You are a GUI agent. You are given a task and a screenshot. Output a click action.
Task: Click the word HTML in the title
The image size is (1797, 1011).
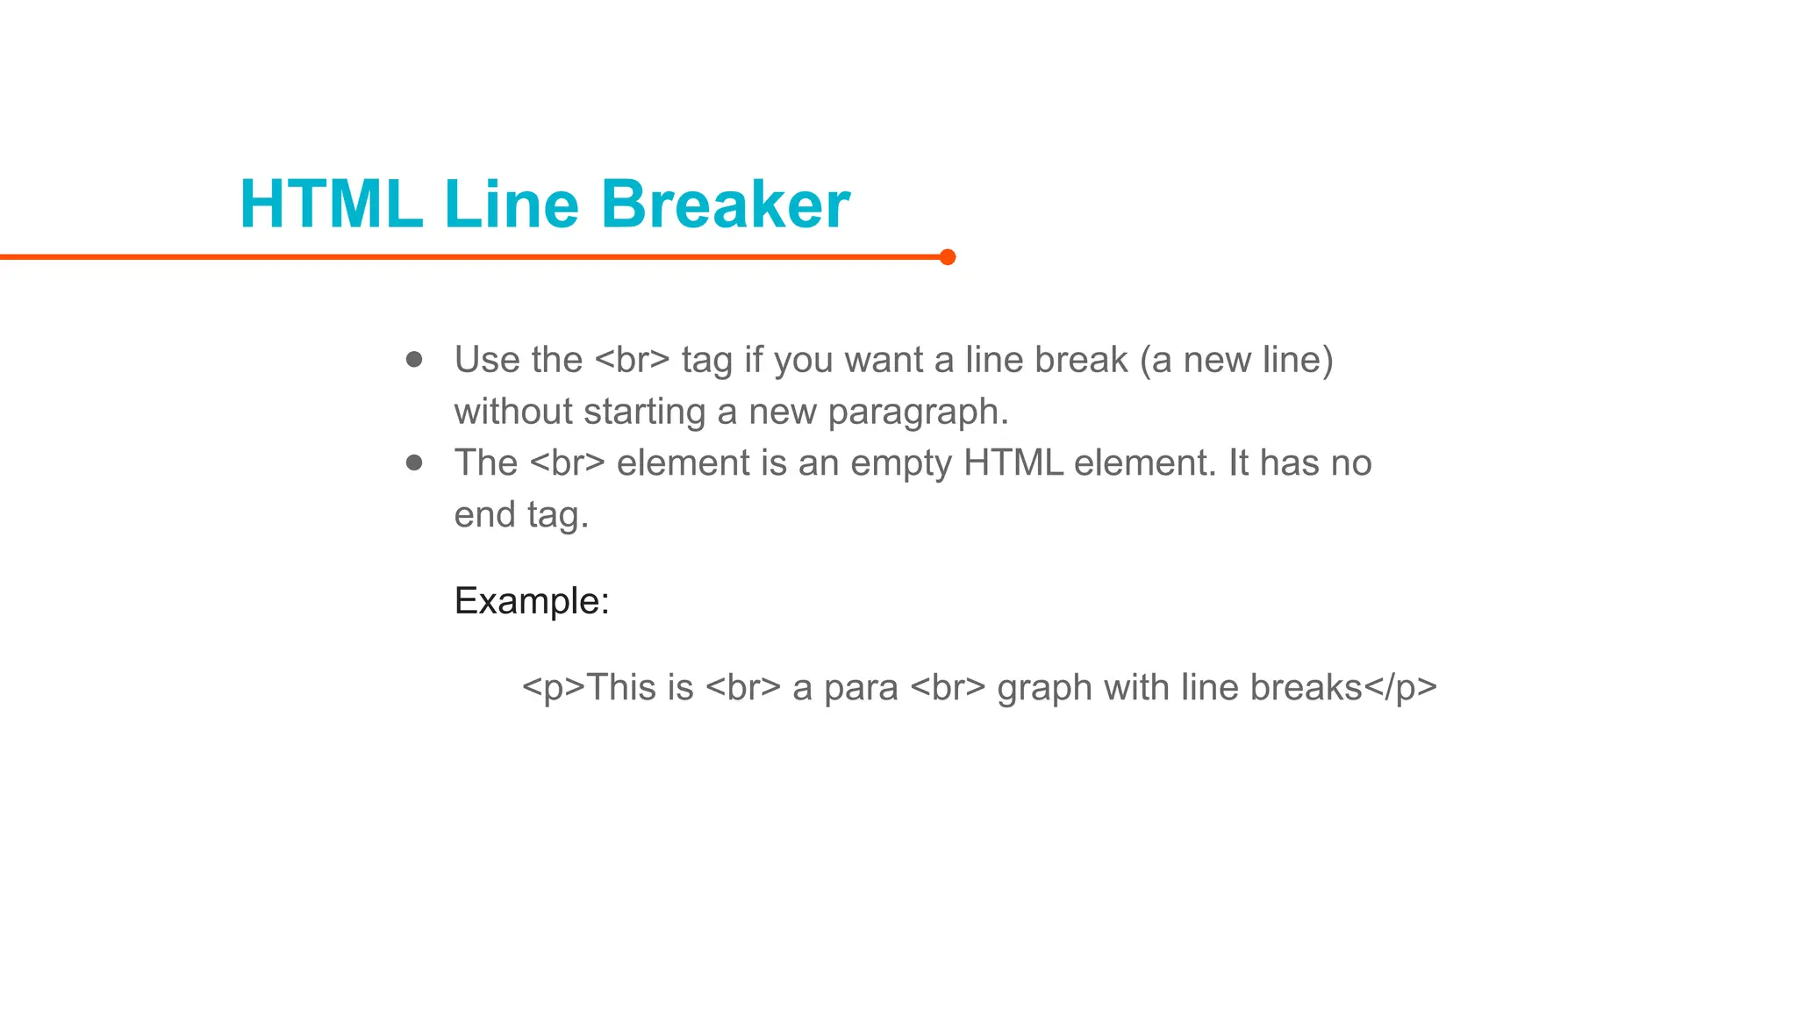[x=331, y=204]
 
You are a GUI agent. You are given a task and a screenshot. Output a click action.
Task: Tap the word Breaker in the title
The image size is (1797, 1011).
[x=725, y=204]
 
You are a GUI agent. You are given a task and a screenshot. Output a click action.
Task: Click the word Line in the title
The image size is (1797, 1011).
[x=512, y=204]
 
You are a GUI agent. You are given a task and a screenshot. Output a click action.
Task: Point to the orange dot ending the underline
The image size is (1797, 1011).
[x=947, y=257]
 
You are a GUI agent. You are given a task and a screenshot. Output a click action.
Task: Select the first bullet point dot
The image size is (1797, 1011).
[x=414, y=360]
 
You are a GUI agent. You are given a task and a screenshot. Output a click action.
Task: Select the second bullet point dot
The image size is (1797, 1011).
[x=414, y=462]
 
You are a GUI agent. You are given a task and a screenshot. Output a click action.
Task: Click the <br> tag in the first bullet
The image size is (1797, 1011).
[x=632, y=360]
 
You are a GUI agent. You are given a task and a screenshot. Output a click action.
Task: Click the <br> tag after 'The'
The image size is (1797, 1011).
[x=568, y=463]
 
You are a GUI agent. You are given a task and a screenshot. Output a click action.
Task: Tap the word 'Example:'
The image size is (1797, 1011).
[x=532, y=601]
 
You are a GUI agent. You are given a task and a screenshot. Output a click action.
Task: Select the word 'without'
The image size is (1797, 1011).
[x=512, y=412]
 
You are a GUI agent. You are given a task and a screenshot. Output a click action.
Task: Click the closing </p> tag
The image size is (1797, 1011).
[x=1400, y=688]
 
